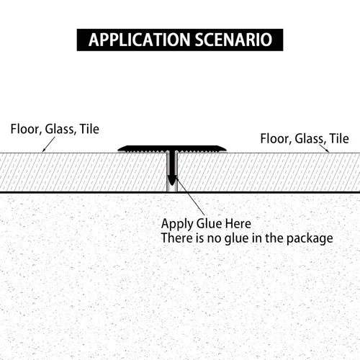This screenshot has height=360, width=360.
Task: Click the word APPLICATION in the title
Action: click(140, 40)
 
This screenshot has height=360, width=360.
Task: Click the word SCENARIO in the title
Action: click(233, 40)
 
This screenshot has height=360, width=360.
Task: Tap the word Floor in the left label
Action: click(24, 130)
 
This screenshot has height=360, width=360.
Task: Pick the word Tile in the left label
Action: click(89, 129)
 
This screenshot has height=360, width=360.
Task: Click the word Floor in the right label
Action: click(274, 139)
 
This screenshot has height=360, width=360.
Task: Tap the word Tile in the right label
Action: click(339, 138)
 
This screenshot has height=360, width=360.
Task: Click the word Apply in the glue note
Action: click(177, 224)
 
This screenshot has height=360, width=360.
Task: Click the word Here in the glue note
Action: click(238, 223)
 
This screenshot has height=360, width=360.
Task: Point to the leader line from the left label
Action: click(49, 144)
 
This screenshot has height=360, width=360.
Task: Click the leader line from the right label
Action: click(324, 148)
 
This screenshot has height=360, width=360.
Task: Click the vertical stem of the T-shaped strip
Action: click(172, 166)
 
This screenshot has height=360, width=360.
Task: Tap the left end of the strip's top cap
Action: click(118, 150)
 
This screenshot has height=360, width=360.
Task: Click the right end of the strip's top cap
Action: click(226, 150)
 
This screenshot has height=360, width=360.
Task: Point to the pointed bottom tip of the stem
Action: click(172, 185)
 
